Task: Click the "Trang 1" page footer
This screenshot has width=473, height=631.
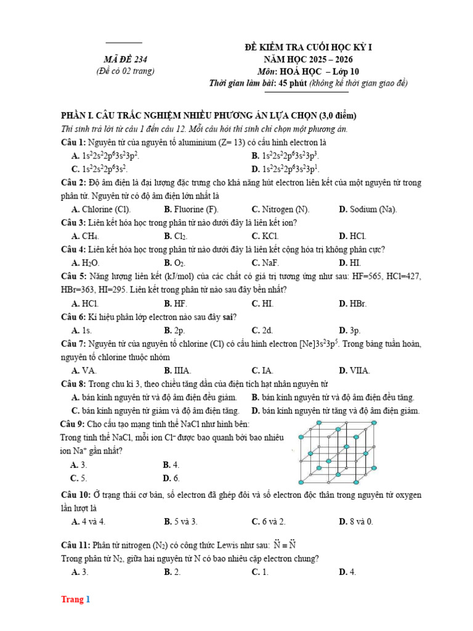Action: [75, 600]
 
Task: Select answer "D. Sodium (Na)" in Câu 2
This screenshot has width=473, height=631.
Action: [368, 210]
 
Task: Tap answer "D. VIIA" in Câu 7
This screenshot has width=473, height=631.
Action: [354, 370]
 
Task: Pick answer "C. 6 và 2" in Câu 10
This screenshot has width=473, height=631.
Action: [269, 521]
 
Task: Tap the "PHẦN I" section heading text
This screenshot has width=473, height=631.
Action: [208, 116]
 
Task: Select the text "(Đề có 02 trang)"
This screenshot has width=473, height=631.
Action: [125, 71]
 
